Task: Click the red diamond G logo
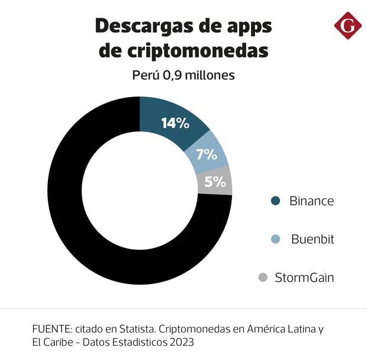(x=347, y=25)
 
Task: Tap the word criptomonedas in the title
(x=199, y=51)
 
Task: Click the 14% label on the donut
(x=175, y=124)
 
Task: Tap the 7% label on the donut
(x=207, y=155)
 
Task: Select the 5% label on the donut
(x=215, y=182)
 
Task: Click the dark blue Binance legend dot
(x=275, y=201)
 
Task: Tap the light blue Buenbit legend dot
(x=275, y=239)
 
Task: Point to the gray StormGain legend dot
(x=263, y=278)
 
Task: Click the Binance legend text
(x=311, y=201)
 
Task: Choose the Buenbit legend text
(x=313, y=239)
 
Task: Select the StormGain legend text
(x=304, y=278)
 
